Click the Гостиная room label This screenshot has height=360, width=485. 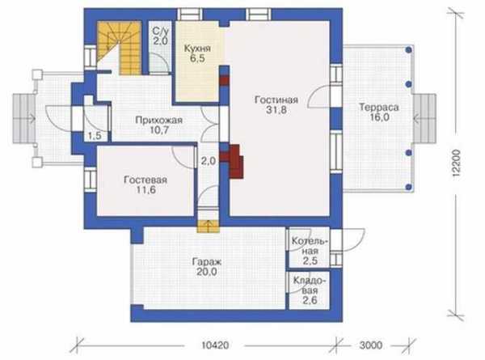click(x=276, y=100)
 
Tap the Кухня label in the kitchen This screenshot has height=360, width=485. click(x=197, y=49)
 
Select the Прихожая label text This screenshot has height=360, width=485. click(x=159, y=120)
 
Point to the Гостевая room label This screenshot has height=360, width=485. click(x=145, y=180)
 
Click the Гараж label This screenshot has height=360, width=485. click(x=207, y=262)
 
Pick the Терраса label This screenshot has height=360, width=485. click(x=378, y=108)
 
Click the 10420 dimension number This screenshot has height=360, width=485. click(x=215, y=345)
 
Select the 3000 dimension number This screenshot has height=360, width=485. click(x=371, y=345)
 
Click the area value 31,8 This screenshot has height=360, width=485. click(x=276, y=110)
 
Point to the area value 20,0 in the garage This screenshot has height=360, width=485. click(x=207, y=272)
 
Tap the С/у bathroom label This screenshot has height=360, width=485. click(x=161, y=32)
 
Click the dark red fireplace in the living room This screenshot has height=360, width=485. click(x=235, y=161)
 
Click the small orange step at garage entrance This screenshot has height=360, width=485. click(x=209, y=227)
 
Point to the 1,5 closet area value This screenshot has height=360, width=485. click(x=95, y=135)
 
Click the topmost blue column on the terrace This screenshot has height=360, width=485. click(x=409, y=49)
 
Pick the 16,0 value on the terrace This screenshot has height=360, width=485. click(x=379, y=117)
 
